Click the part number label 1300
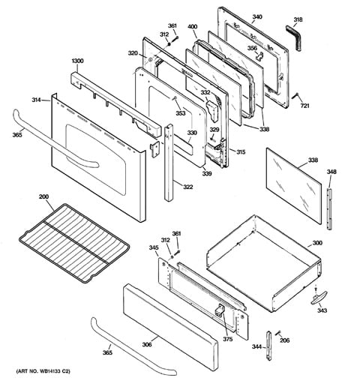(77, 61)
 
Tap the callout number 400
(192, 26)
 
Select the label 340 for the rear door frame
(257, 16)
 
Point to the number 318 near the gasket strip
(298, 19)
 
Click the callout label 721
(305, 106)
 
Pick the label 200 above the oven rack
(43, 196)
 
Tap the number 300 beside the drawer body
(317, 243)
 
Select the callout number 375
(228, 339)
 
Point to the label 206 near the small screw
(284, 340)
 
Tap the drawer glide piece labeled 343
(319, 298)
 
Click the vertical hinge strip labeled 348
(330, 208)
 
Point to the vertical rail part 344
(268, 346)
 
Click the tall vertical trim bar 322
(169, 163)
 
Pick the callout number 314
(36, 100)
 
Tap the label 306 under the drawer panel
(147, 344)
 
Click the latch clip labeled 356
(259, 57)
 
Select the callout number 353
(180, 113)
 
